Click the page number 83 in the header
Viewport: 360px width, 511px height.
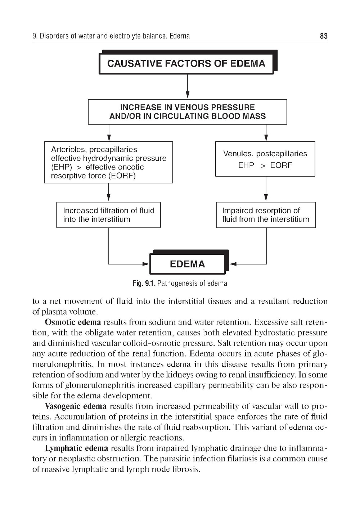point(323,36)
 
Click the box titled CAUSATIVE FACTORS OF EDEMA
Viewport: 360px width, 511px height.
point(186,64)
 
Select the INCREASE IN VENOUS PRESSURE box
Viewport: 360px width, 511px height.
point(187,112)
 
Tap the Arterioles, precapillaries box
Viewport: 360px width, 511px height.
point(108,162)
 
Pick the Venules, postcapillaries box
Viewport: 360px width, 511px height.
point(265,159)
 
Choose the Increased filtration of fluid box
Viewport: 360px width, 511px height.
point(108,215)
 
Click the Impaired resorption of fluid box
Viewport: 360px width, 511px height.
point(266,215)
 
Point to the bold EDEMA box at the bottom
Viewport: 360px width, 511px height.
point(187,264)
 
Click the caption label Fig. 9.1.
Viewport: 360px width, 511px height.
point(144,284)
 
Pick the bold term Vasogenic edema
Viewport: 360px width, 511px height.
point(76,406)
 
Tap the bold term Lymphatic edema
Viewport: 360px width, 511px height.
point(76,448)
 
